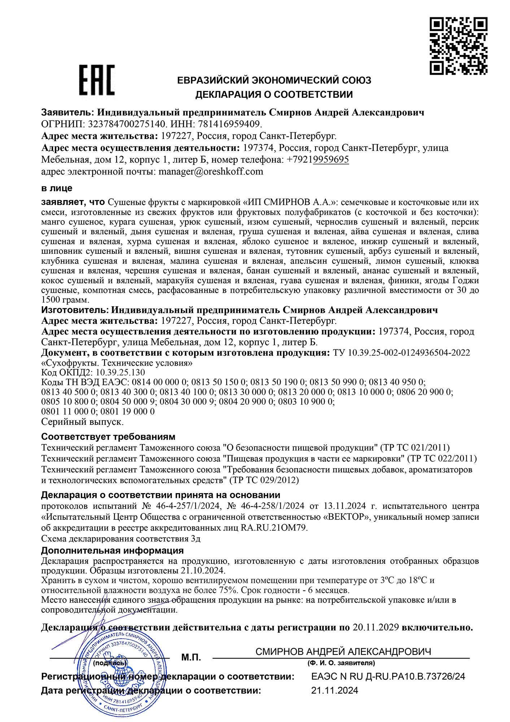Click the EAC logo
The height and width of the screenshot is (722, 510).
tap(97, 80)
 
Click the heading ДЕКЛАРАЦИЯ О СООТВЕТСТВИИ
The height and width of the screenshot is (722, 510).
tap(274, 95)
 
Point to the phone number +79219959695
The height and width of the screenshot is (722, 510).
tap(318, 160)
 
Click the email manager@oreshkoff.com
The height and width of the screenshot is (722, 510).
tap(211, 171)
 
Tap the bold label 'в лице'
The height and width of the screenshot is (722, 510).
tap(57, 188)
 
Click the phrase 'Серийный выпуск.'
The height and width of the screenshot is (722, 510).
tap(83, 421)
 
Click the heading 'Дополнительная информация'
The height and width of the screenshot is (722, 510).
tap(112, 551)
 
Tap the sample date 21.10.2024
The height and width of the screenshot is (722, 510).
tap(202, 571)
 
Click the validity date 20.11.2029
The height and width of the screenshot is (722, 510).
tap(376, 627)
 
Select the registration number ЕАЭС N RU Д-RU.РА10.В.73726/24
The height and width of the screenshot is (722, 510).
tap(388, 676)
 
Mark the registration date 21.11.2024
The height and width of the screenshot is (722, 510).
tap(335, 691)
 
